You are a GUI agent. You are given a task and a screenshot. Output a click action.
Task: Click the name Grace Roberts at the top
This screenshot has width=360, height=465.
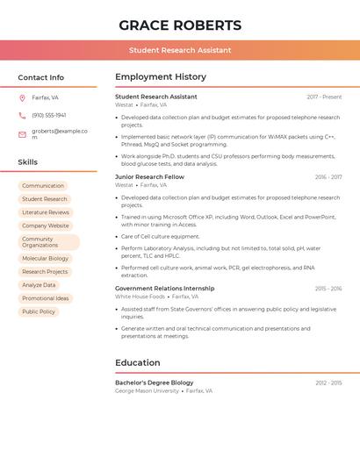[x=180, y=25]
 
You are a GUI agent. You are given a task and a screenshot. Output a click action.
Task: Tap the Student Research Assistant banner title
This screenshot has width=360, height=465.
[x=180, y=50]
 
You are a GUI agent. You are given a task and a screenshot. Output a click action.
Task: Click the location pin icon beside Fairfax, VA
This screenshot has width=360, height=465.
[x=22, y=97]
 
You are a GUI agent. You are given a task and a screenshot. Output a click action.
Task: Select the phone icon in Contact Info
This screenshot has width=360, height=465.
[x=22, y=115]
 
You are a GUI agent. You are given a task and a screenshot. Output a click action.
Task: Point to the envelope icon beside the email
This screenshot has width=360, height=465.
[x=22, y=134]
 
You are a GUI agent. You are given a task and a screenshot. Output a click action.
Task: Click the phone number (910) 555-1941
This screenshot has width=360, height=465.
[x=49, y=115]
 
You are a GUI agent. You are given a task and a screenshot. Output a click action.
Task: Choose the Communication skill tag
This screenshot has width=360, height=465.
[x=43, y=186]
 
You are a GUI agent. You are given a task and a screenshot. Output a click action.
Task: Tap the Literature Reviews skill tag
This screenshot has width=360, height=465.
[x=46, y=212]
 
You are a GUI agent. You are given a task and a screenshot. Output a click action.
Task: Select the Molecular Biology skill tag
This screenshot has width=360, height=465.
[x=45, y=259]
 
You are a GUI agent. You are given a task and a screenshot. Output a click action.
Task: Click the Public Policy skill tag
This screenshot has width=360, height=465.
[x=39, y=311]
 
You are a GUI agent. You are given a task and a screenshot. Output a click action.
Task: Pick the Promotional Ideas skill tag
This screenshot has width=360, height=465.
[x=46, y=298]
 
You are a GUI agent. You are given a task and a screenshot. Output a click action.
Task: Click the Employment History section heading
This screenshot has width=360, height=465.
[x=161, y=77]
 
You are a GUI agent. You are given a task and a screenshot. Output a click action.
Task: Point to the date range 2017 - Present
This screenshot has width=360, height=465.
[x=324, y=97]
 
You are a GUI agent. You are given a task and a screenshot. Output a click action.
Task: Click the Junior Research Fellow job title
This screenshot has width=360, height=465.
[x=149, y=177]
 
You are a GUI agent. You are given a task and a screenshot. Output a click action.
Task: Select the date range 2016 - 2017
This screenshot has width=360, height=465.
[x=328, y=177]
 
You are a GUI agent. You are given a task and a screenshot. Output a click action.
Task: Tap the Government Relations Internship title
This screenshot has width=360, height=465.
[x=164, y=288]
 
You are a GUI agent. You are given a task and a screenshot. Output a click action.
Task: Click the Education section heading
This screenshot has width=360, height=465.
[x=138, y=362]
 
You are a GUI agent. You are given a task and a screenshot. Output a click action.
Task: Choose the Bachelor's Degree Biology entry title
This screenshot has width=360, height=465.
[x=155, y=383]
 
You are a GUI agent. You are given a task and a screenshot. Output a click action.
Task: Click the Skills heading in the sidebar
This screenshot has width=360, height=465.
[x=28, y=162]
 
